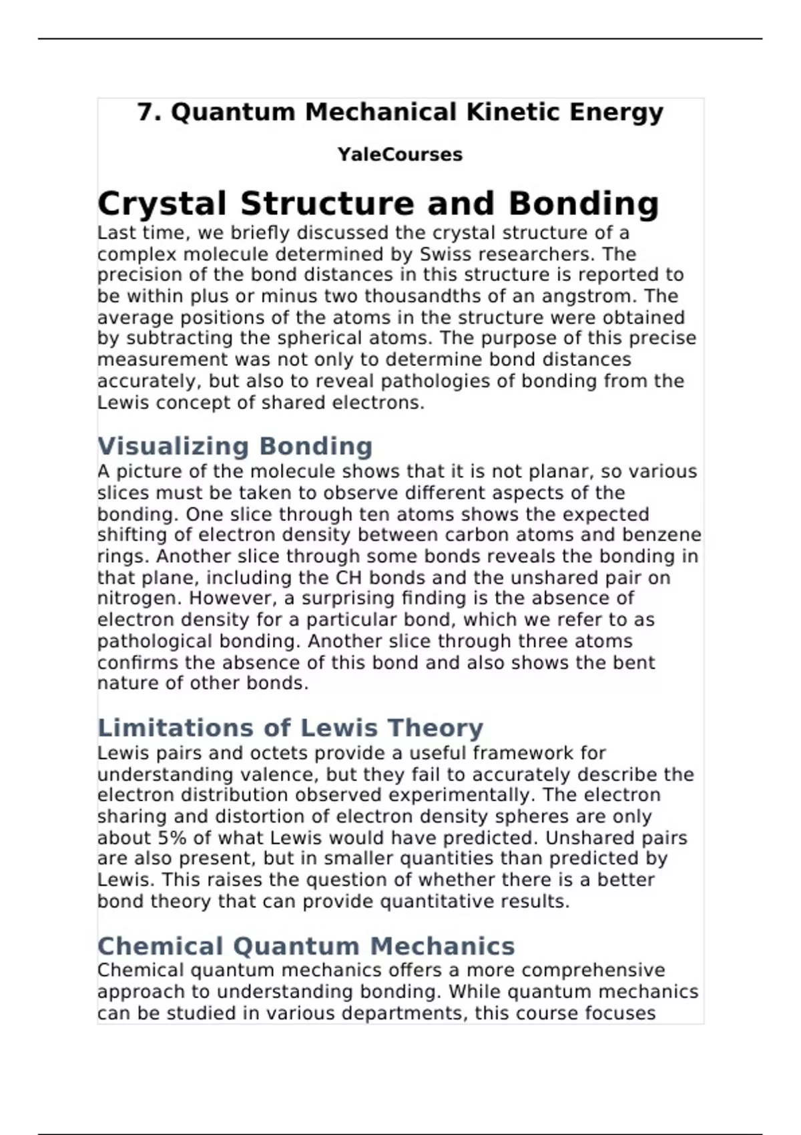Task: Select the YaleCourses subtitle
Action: [x=400, y=154]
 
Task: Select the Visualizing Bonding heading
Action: [x=235, y=446]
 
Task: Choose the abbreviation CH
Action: [x=349, y=578]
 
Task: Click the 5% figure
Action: [x=173, y=838]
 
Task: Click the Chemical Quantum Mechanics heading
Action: [x=306, y=946]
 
